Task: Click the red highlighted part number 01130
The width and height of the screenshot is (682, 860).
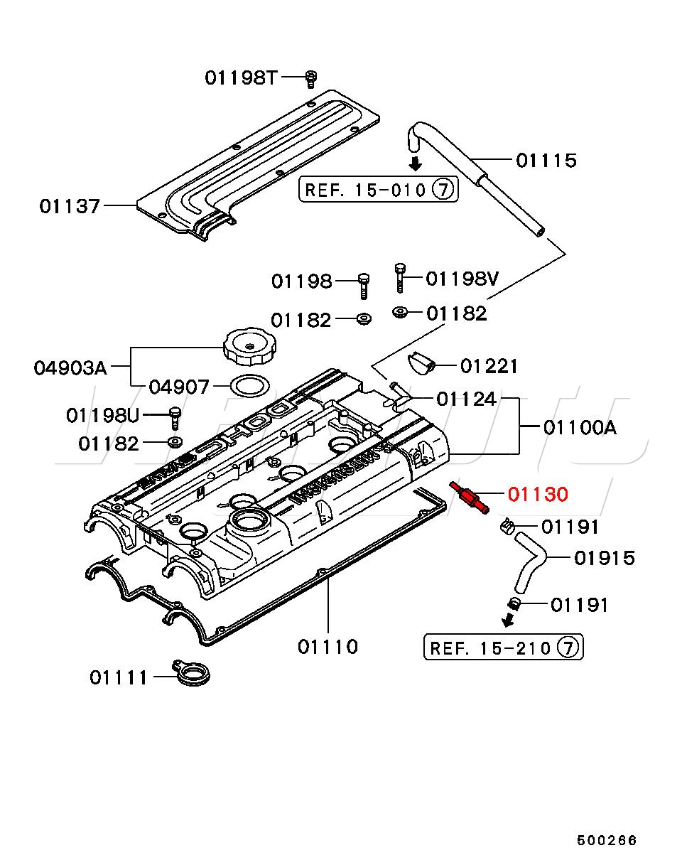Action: click(538, 493)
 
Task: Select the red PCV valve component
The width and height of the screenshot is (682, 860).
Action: click(469, 496)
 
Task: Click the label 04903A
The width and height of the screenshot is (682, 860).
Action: click(70, 368)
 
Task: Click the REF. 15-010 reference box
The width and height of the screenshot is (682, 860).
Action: click(378, 190)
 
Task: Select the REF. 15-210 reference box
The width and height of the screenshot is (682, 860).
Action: click(503, 647)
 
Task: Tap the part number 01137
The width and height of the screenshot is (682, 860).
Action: click(70, 206)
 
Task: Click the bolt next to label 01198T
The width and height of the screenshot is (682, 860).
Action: click(310, 78)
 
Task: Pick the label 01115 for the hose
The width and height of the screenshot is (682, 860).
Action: click(546, 161)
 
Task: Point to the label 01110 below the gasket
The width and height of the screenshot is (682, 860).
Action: click(328, 647)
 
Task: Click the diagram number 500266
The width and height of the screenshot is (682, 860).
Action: click(606, 840)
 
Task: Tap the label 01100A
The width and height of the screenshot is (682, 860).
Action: click(580, 427)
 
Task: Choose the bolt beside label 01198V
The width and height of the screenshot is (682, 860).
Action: click(400, 277)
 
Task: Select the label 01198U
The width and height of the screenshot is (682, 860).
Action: click(103, 414)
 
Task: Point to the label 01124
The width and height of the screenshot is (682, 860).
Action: click(466, 399)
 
